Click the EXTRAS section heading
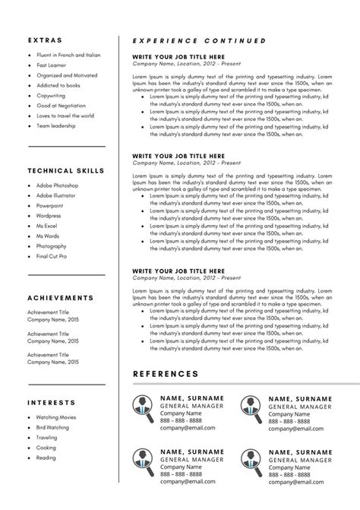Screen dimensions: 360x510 coord(45,40)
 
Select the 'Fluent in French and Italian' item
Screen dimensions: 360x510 coord(68,55)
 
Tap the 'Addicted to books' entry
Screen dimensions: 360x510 coord(58,85)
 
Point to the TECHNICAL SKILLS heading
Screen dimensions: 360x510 coord(66,170)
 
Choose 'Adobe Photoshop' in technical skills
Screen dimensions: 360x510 coord(57,185)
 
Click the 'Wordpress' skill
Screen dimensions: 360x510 coord(49,215)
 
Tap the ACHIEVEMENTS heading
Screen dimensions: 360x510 coord(61,298)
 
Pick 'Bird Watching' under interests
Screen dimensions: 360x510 coord(52,427)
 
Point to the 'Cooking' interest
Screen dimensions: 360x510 coord(46,448)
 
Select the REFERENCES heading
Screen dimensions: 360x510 coord(166,374)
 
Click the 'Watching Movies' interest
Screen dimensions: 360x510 coord(56,417)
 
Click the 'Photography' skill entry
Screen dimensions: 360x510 coord(51,245)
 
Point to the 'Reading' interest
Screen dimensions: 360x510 coord(46,458)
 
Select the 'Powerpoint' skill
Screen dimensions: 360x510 coord(50,205)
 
